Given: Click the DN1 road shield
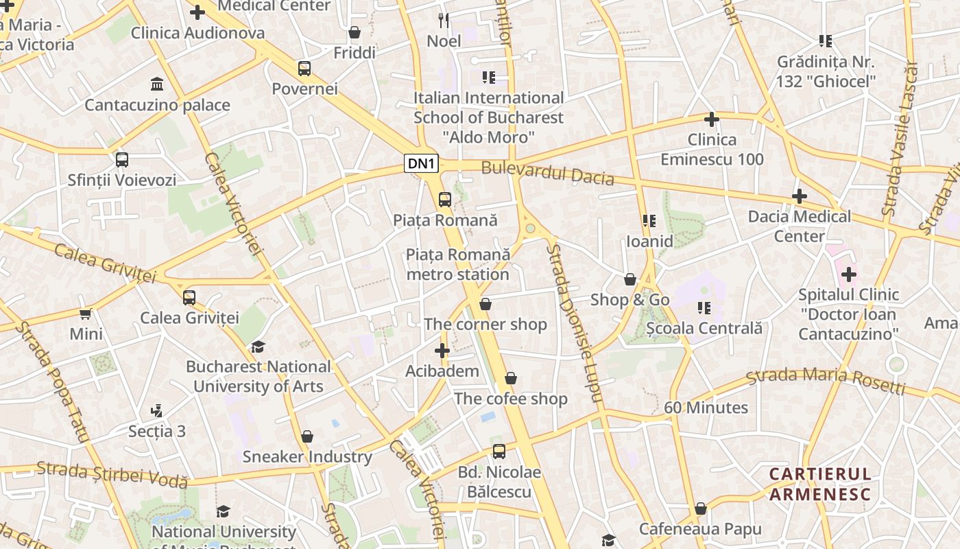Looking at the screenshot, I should [422, 163].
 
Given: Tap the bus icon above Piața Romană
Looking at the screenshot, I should [445, 200].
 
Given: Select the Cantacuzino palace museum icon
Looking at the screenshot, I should [157, 84].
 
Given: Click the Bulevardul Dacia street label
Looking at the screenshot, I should [547, 173].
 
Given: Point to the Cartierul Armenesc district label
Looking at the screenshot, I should [820, 484].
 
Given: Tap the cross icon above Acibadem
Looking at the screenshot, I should [442, 351].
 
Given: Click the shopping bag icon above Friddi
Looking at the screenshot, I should [355, 32].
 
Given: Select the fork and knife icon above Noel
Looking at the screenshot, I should [444, 20].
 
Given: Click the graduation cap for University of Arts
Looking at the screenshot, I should [258, 347].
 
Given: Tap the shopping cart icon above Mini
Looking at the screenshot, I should [86, 314].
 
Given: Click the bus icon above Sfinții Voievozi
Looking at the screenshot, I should [122, 160].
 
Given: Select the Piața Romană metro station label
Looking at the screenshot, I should [457, 264].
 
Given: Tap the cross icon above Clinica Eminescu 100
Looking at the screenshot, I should [712, 119].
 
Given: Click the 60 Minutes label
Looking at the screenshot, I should [706, 408].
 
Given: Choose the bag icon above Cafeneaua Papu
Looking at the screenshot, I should [700, 509].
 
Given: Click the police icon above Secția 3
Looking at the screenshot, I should [156, 411].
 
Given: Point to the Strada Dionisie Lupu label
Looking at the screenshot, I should [573, 323].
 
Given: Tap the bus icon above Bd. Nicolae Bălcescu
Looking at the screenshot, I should [499, 452].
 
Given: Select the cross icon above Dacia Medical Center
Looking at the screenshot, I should [799, 196].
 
